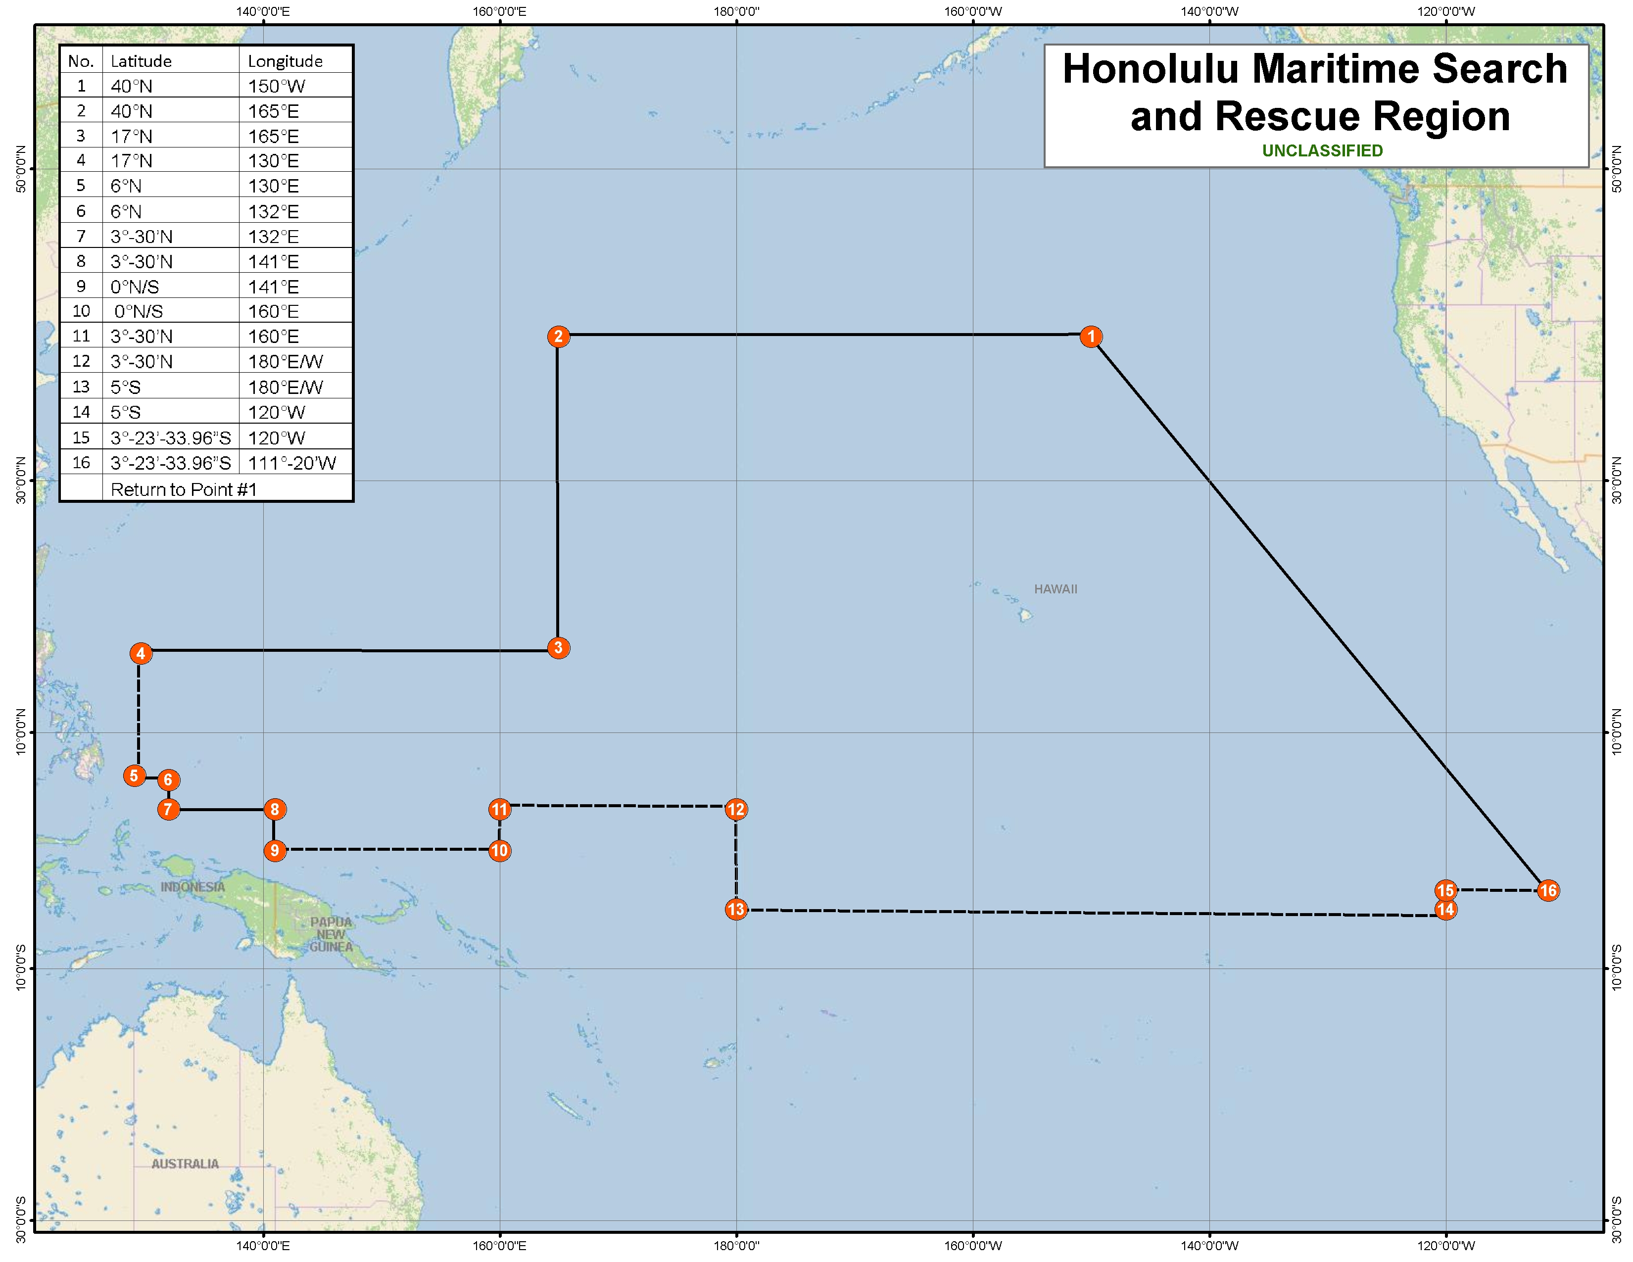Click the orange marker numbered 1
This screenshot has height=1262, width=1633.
click(1091, 337)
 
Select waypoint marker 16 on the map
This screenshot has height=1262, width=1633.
click(1548, 890)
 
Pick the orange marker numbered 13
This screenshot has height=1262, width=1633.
click(736, 909)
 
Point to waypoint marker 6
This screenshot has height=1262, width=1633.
click(168, 780)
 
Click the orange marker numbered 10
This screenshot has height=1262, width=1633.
click(499, 851)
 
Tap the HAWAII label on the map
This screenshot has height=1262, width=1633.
click(1055, 589)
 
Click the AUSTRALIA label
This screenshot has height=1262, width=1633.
click(185, 1164)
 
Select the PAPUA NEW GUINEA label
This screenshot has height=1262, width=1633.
click(331, 934)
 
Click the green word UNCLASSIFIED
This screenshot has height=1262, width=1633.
click(1322, 151)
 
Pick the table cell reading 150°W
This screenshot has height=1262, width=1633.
click(277, 86)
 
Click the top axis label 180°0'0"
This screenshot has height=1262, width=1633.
click(736, 11)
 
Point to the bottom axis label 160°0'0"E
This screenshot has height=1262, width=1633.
click(499, 1246)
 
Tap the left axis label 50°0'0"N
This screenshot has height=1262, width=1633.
click(21, 169)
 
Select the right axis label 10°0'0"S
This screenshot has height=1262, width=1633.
click(1617, 968)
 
